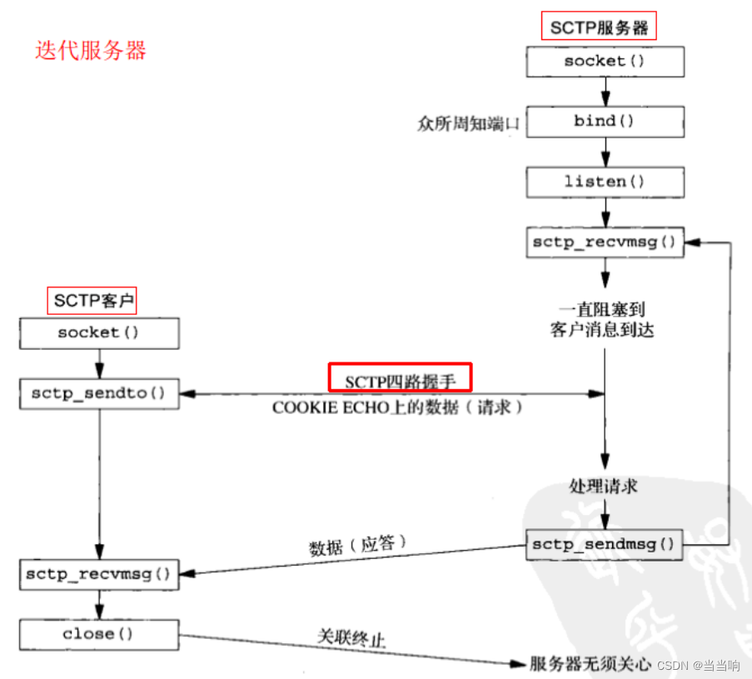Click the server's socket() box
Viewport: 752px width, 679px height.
(x=605, y=62)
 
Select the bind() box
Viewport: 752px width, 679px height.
(x=605, y=122)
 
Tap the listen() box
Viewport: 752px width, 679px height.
(x=605, y=182)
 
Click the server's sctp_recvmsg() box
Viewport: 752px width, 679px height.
(x=605, y=242)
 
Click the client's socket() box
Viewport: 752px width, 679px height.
(x=99, y=332)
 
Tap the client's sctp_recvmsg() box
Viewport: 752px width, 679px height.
(x=99, y=573)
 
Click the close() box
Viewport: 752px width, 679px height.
(x=99, y=634)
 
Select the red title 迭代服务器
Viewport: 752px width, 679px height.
(x=90, y=50)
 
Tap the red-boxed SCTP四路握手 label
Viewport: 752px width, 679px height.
(x=401, y=378)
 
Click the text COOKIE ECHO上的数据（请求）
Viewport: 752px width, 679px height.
(x=397, y=408)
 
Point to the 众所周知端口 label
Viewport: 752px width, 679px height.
(x=468, y=124)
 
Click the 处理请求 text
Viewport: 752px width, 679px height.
(x=603, y=485)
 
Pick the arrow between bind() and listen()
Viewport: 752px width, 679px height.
(x=605, y=152)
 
